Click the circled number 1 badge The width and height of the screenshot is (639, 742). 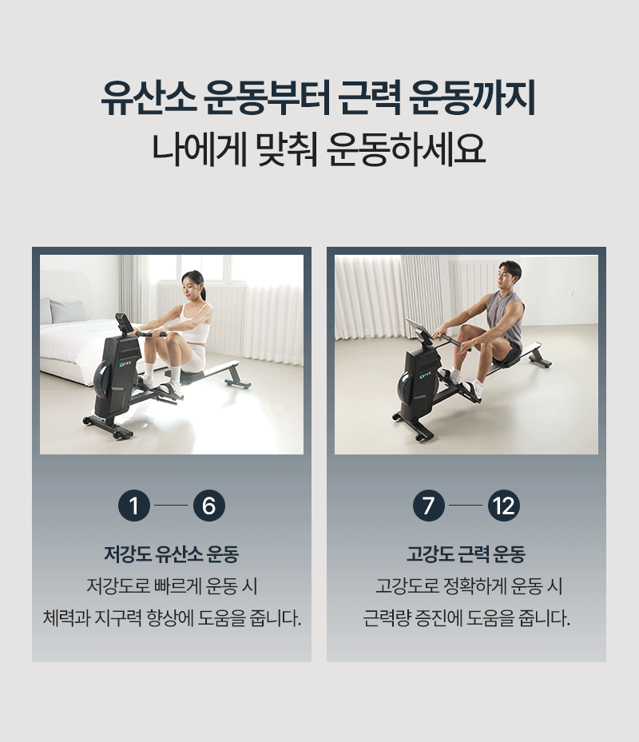pyautogui.click(x=134, y=506)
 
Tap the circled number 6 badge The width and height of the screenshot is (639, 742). pyautogui.click(x=208, y=506)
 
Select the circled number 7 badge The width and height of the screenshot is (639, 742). pyautogui.click(x=428, y=506)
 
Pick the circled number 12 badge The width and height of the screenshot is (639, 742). pyautogui.click(x=504, y=506)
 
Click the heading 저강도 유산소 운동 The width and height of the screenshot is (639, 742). pyautogui.click(x=172, y=554)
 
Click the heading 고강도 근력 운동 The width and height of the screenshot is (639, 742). pyautogui.click(x=466, y=554)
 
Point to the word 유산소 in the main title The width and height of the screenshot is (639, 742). pyautogui.click(x=149, y=98)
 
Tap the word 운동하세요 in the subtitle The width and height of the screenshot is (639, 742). pyautogui.click(x=406, y=149)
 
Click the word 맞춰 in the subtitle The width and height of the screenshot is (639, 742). pyautogui.click(x=286, y=149)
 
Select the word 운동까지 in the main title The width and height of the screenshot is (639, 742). pyautogui.click(x=472, y=98)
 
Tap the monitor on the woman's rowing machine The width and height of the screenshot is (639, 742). pyautogui.click(x=125, y=323)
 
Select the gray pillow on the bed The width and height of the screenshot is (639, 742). pyautogui.click(x=67, y=311)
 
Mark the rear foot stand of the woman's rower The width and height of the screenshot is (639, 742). pyautogui.click(x=237, y=384)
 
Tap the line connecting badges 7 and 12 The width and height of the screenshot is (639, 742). pyautogui.click(x=466, y=506)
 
